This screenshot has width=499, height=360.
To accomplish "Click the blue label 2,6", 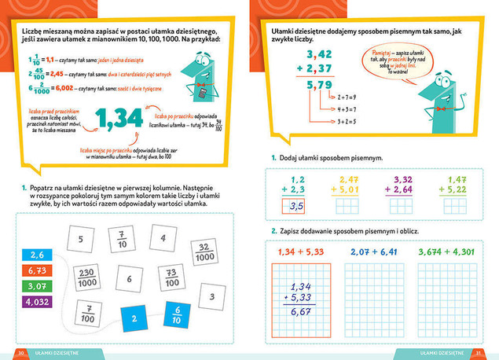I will click(35, 255).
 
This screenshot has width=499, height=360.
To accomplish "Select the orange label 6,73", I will click(35, 270).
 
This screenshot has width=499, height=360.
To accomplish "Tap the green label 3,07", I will click(35, 285).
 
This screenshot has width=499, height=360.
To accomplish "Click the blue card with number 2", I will click(134, 318).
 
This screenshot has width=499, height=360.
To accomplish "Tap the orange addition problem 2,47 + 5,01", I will click(349, 185).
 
